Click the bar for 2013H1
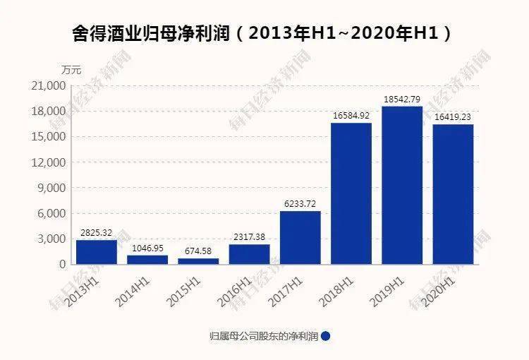click(x=97, y=252)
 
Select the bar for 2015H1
click(x=198, y=261)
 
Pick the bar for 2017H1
click(x=300, y=237)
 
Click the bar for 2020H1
click(x=453, y=194)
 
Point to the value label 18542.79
click(x=402, y=100)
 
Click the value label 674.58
click(x=198, y=251)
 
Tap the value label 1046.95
click(x=147, y=248)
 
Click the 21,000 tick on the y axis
click(x=51, y=86)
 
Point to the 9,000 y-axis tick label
click(x=54, y=188)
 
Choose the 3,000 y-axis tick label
click(x=54, y=239)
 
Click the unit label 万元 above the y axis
click(x=71, y=70)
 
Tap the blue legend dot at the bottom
click(x=325, y=337)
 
